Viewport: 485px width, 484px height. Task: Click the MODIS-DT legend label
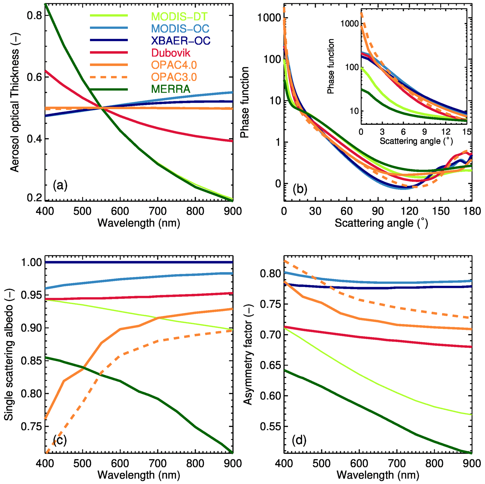pos(179,17)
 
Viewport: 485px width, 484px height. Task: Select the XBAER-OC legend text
pos(181,41)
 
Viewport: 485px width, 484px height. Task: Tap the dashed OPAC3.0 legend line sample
pos(109,77)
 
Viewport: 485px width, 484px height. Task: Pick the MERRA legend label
pos(171,89)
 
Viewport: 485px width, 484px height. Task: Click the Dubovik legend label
pos(171,53)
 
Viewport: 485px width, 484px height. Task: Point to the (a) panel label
pos(60,186)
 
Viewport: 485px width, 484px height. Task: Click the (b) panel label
pos(300,189)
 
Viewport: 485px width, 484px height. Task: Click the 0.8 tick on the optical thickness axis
pos(34,16)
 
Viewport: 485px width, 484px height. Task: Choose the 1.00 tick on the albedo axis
pos(31,262)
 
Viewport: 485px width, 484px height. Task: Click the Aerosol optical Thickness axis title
pos(15,110)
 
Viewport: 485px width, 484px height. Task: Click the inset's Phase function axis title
pos(331,67)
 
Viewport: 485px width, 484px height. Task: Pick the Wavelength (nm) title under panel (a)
pos(139,223)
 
